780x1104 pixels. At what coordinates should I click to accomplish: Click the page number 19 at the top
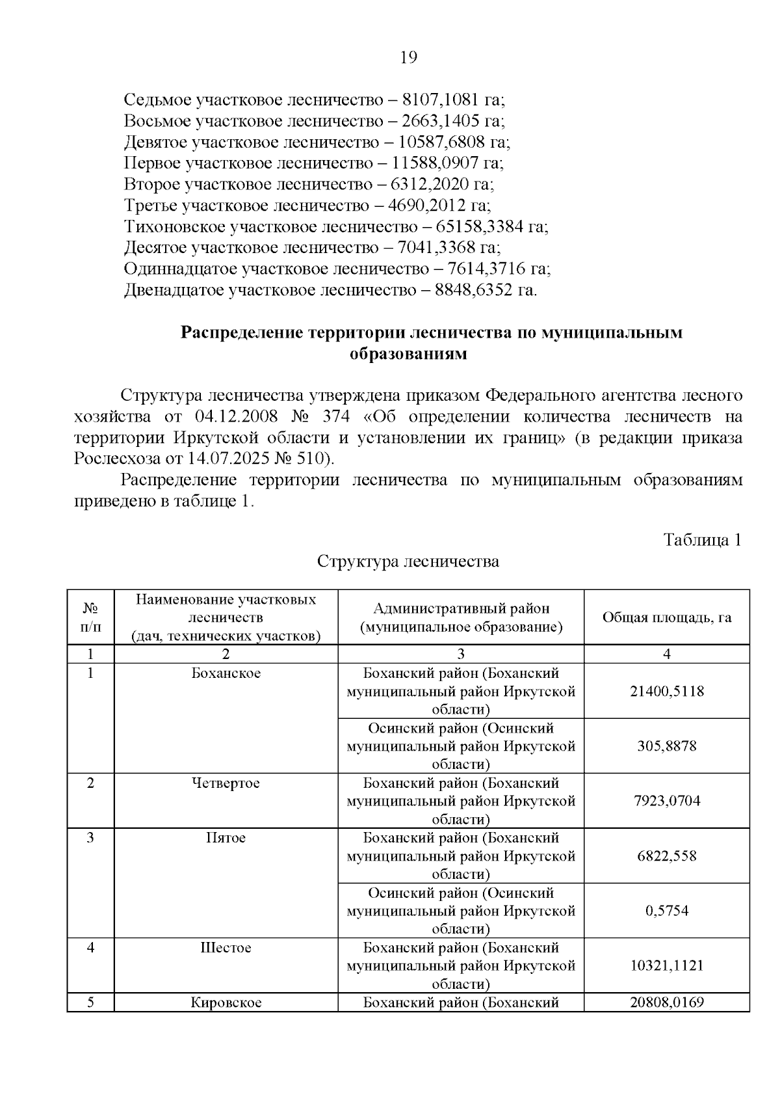[408, 58]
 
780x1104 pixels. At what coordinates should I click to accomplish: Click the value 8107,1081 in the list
[441, 100]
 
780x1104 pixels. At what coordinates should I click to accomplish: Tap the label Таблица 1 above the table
[702, 540]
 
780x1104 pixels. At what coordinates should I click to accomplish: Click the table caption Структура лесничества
[408, 561]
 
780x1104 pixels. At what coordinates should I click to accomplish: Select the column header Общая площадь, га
[666, 617]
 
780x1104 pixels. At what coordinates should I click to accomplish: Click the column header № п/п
[90, 617]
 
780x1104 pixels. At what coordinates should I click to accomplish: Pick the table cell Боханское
[226, 673]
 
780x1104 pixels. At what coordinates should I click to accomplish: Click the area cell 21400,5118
[666, 691]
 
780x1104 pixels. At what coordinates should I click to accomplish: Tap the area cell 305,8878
[666, 746]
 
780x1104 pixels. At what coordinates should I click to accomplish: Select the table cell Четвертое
[226, 783]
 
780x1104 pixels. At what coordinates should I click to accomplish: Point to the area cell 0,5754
[666, 911]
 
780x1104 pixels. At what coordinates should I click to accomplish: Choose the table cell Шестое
[226, 948]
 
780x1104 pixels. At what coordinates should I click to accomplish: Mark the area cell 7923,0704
[666, 801]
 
